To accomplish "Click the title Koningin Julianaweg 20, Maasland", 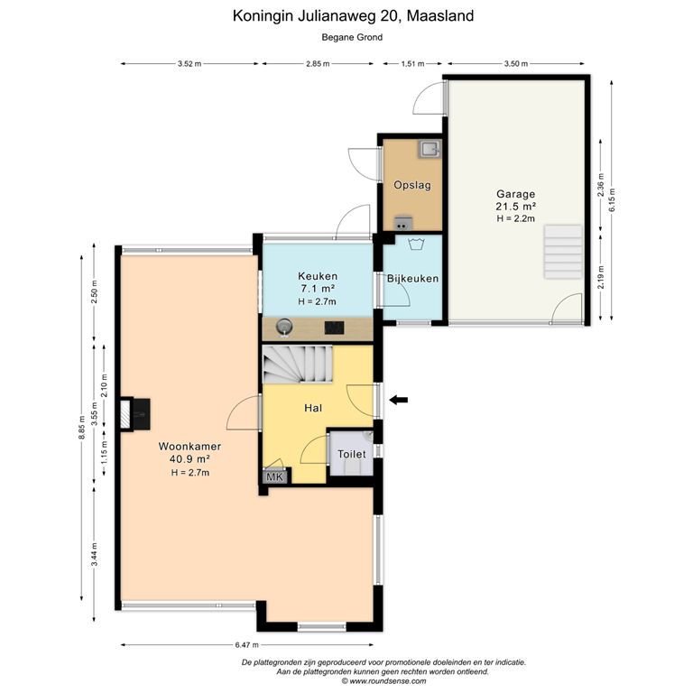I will tap(353, 15).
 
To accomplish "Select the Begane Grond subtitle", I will tap(352, 37).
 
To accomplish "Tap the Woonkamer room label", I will tap(189, 446).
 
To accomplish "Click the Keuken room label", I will tap(317, 276).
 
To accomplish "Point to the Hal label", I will tap(313, 408).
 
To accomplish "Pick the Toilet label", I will tap(352, 455).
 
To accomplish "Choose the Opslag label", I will tap(412, 185).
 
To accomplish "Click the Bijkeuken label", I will tap(412, 278).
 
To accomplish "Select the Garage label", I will tap(515, 194).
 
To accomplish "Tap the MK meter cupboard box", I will tap(274, 476).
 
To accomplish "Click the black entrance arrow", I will tap(397, 400).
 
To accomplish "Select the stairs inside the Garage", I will tap(563, 253).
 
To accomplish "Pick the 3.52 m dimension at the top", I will tap(188, 64).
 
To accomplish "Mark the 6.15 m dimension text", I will tap(612, 197).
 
